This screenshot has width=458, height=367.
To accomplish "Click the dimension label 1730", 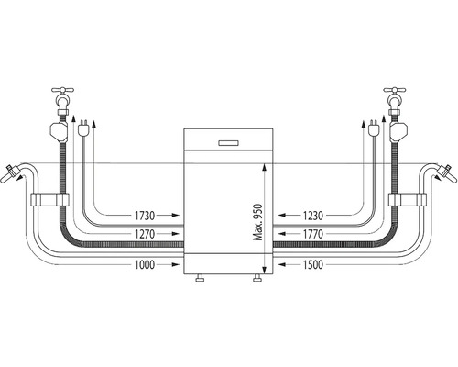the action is click(145, 216).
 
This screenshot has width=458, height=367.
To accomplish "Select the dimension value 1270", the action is click(145, 234).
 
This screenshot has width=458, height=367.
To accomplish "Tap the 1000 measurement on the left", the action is click(145, 264).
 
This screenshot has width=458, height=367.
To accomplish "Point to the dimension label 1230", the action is click(313, 216).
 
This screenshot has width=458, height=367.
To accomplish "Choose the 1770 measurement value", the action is click(313, 234).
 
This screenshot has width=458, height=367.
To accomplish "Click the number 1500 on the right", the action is click(313, 264).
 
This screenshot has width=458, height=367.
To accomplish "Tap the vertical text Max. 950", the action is click(258, 222).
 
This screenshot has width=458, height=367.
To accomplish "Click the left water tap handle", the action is click(62, 90).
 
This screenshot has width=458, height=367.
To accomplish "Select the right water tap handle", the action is click(395, 90).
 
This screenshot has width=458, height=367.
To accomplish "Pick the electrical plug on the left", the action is click(82, 128).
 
